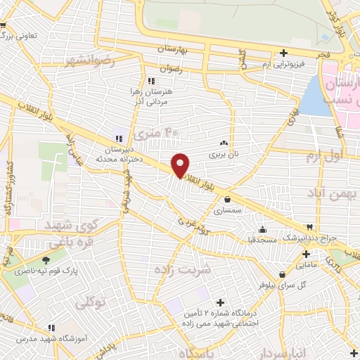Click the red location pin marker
pos(181,165)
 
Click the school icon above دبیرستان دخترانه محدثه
pos(119,138)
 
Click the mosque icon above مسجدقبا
pos(262,229)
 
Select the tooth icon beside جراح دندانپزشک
pos(310,227)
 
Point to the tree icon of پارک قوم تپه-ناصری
pos(46,259)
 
